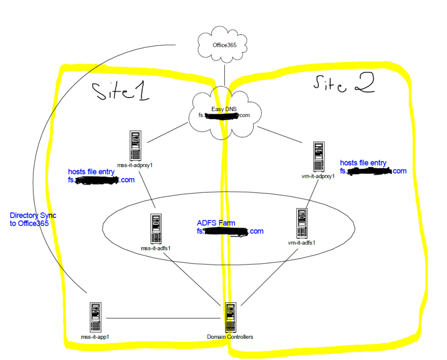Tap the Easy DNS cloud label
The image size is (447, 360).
[224, 109]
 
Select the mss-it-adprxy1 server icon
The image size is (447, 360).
[136, 146]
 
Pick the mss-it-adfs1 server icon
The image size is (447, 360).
[156, 229]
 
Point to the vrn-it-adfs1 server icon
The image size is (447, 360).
[302, 223]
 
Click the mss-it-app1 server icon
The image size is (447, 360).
[95, 317]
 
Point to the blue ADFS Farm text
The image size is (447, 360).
[216, 223]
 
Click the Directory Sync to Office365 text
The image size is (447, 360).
[33, 219]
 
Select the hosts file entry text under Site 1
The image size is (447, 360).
[91, 172]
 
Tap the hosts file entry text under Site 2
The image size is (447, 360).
[363, 163]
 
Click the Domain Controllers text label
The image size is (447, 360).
[230, 337]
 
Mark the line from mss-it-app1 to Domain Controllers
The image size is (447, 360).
[164, 319]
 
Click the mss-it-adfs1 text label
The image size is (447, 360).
[155, 247]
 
